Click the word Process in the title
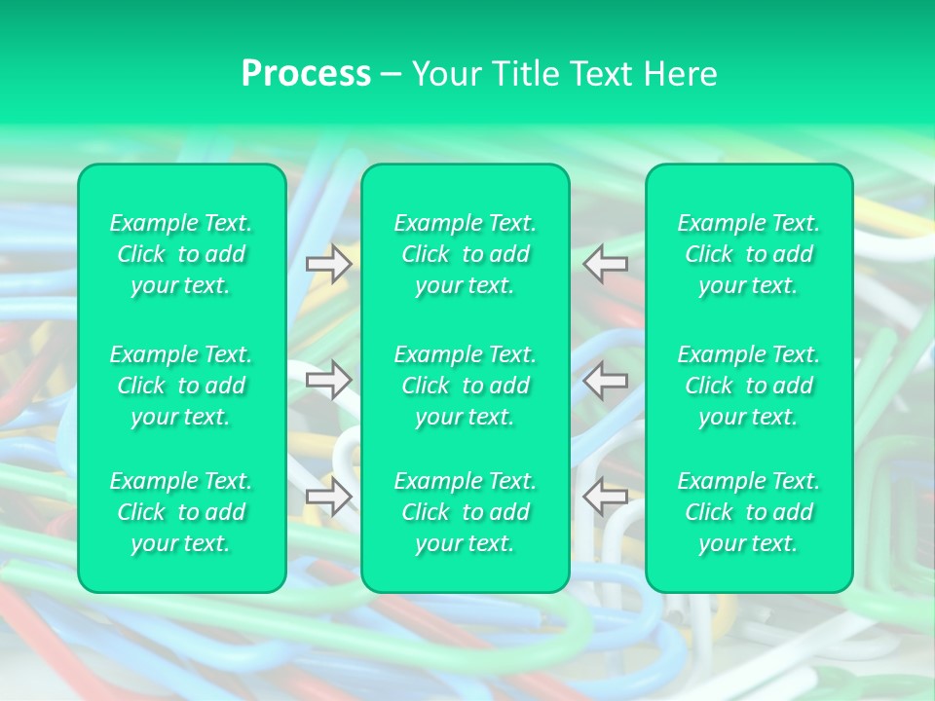306,74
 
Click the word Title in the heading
525,74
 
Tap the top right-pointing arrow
328,264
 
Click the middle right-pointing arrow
328,380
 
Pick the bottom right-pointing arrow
328,497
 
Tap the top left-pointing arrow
606,264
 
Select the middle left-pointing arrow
606,380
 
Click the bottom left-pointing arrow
606,497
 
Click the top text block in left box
181,254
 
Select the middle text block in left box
181,386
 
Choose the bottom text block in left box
181,512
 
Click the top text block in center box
466,254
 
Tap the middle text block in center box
466,386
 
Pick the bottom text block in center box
466,512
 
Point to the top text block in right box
749,254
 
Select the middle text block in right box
749,386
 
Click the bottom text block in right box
749,512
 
